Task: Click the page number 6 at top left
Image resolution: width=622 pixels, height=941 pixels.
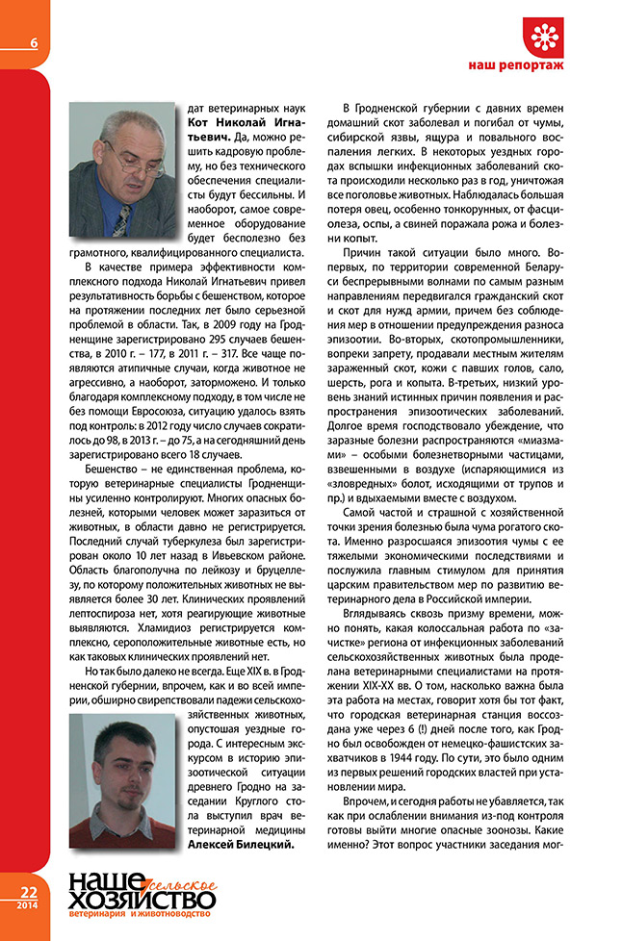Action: pyautogui.click(x=34, y=41)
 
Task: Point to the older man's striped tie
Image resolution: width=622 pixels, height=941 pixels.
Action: pyautogui.click(x=121, y=220)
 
